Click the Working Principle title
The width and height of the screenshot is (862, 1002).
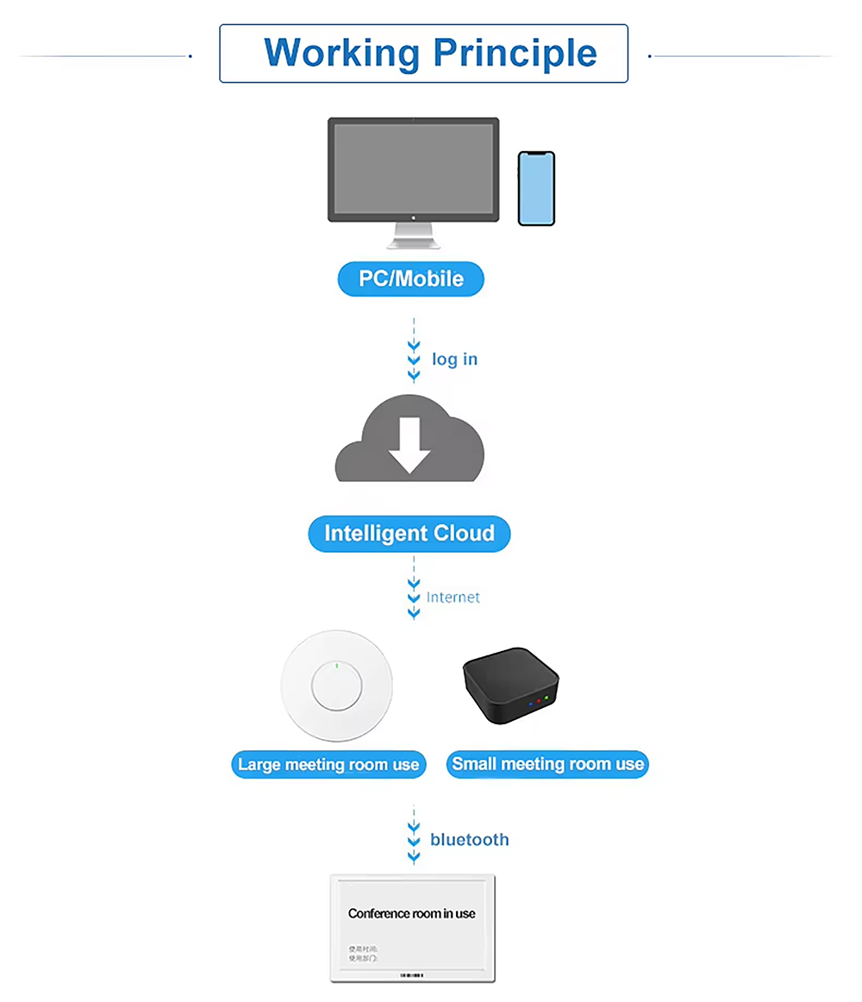430,53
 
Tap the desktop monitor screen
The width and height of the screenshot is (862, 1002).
413,168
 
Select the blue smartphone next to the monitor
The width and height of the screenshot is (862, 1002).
536,189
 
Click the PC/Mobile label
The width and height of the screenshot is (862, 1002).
410,279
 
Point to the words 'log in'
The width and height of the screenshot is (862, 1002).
454,359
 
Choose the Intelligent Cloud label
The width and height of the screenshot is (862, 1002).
409,534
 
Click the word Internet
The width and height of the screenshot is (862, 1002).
453,597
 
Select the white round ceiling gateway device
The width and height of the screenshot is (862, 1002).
336,686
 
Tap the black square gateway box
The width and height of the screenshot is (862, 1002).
510,686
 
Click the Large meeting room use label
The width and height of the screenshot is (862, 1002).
328,765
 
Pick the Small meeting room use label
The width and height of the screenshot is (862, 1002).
547,764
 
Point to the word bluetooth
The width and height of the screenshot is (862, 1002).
469,839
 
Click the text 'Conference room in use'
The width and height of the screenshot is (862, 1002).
411,913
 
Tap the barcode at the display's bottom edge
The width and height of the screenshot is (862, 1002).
413,975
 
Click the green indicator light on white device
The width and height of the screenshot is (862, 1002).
336,665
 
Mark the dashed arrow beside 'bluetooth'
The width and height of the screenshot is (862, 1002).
414,835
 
